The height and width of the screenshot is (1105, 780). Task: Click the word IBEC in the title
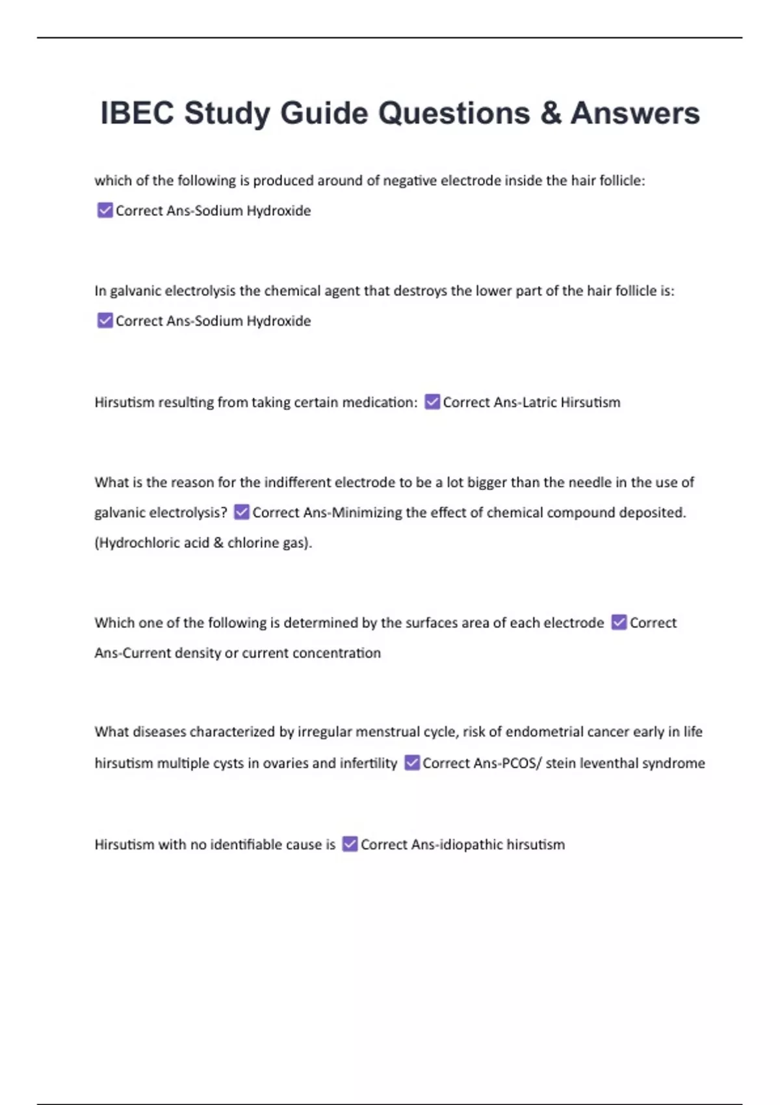(x=137, y=113)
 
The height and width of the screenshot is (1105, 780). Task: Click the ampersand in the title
(x=551, y=113)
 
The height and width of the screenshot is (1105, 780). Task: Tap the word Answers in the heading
(x=635, y=113)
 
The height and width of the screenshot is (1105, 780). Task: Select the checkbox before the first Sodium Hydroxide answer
(x=105, y=210)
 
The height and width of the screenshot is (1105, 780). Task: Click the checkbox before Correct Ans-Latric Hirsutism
(x=432, y=402)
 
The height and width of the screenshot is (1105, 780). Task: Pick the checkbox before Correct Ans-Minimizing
(x=241, y=512)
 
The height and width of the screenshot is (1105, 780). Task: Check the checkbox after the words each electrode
(x=619, y=622)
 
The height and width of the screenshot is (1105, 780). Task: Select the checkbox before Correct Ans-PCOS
(x=412, y=762)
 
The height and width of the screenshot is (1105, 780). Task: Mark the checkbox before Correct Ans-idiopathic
(x=350, y=844)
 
